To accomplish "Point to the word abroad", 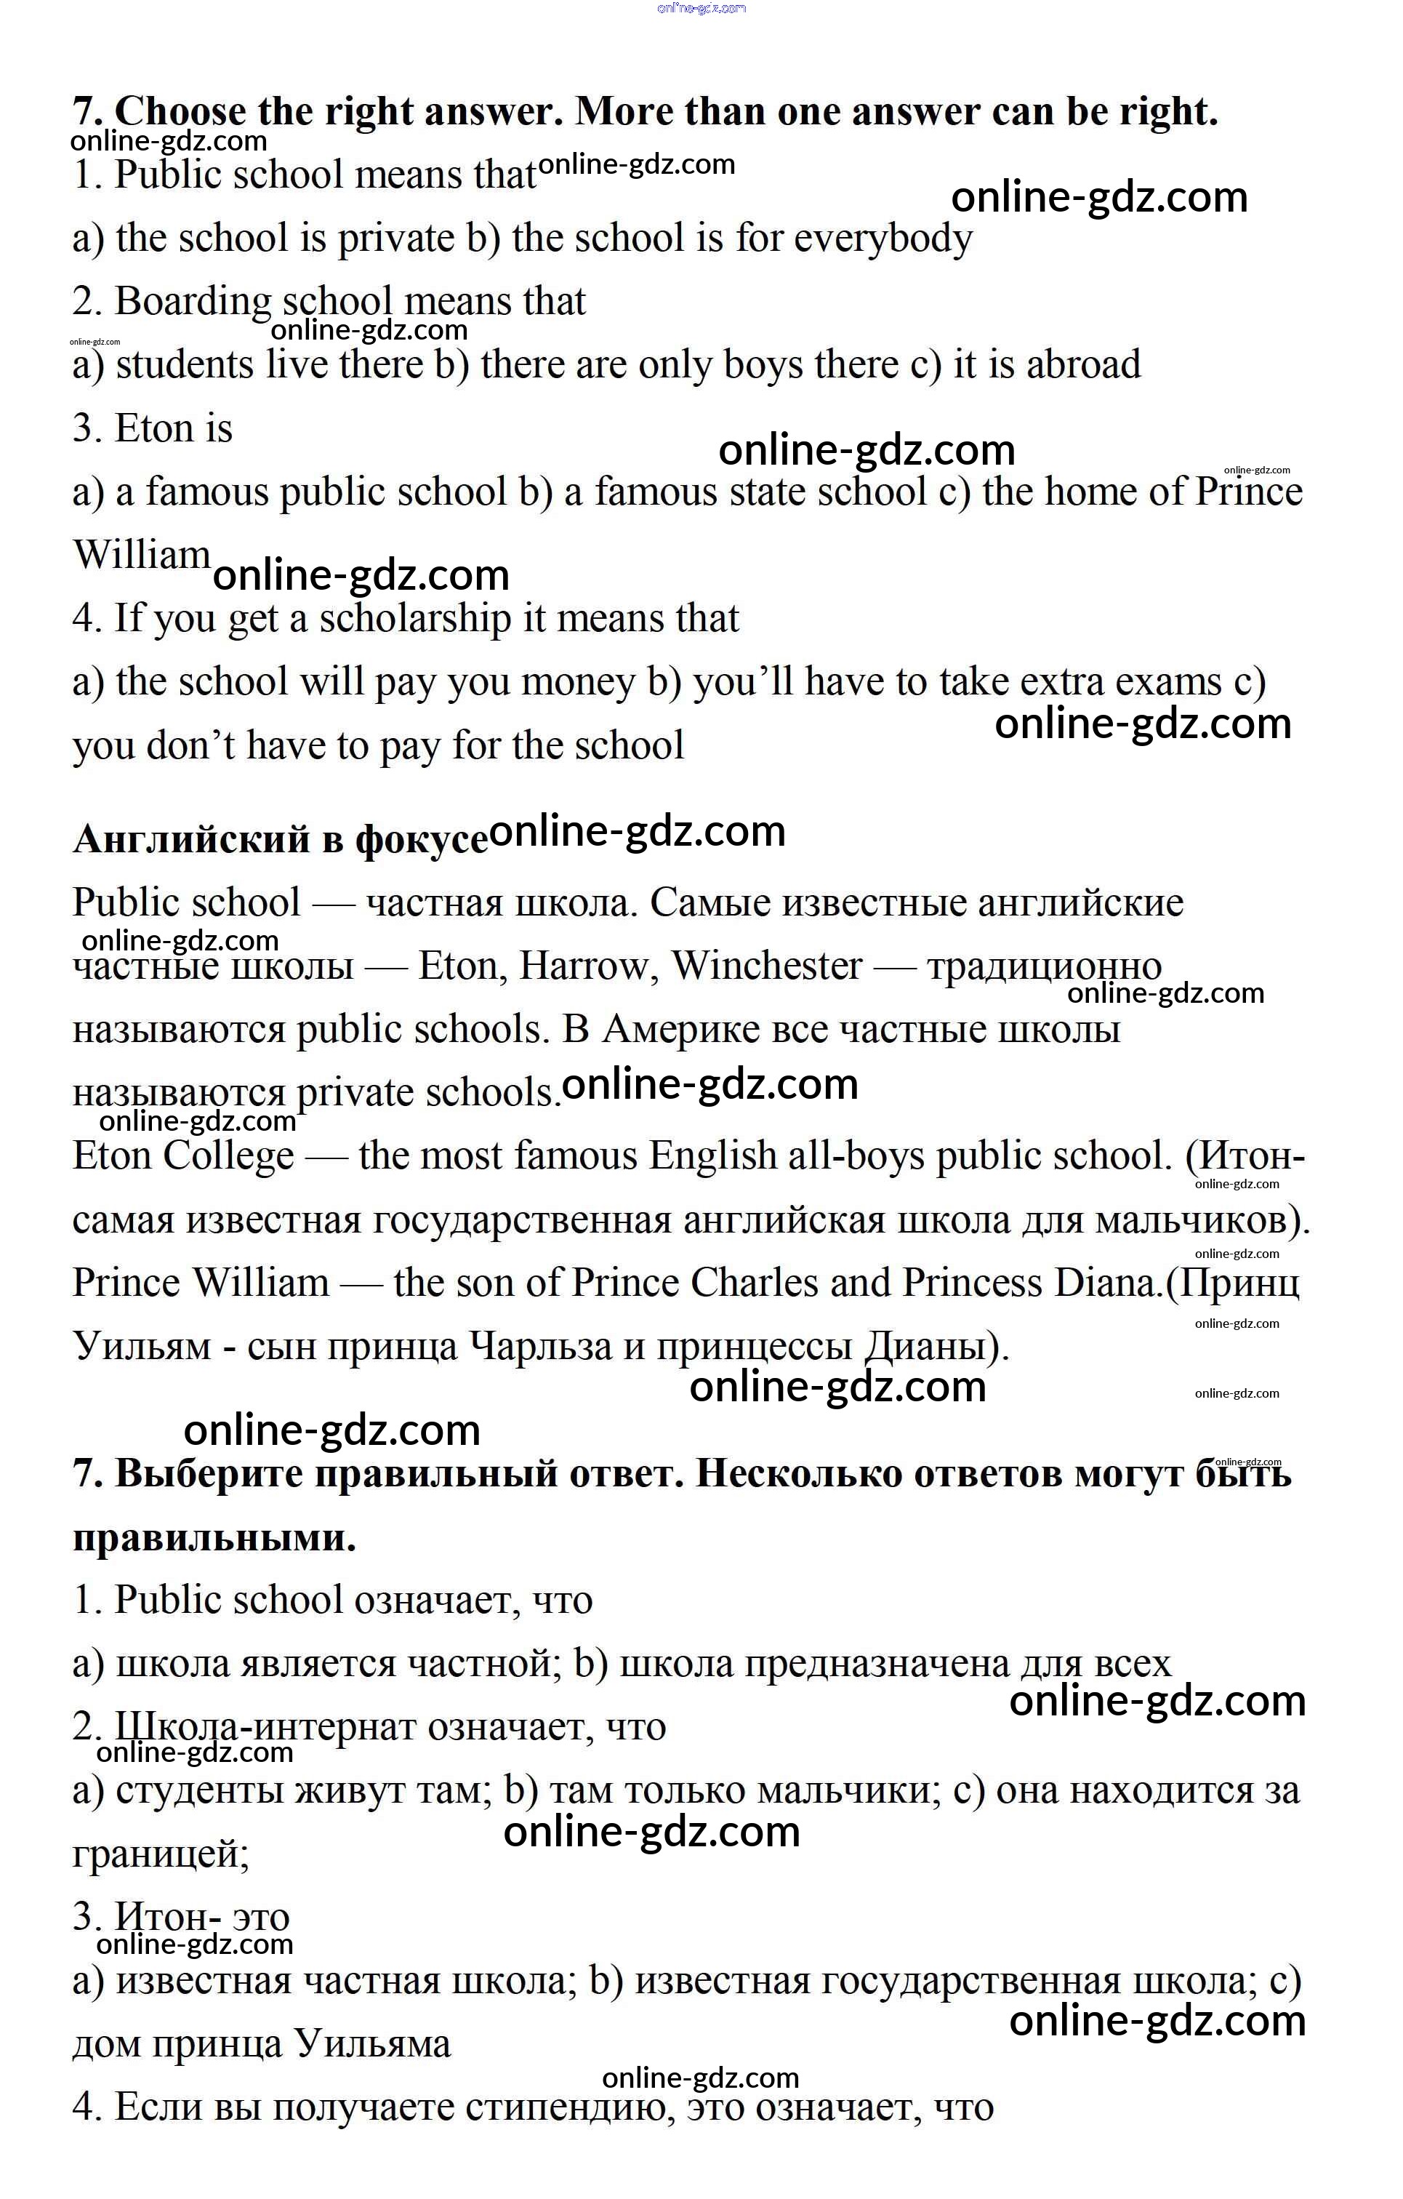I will coord(1084,365).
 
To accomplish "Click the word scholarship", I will coord(414,619).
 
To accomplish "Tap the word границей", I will coord(161,1854).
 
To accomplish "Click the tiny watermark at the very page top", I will coord(701,8).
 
